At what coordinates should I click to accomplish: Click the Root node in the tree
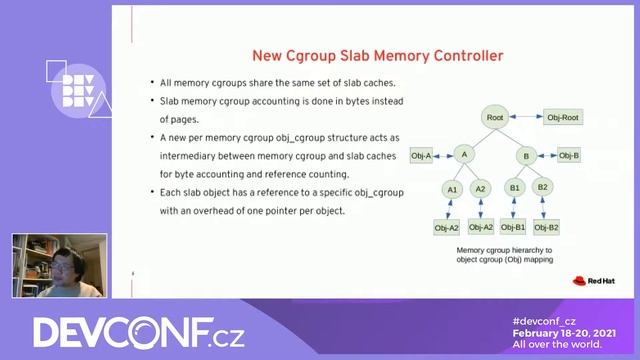point(495,118)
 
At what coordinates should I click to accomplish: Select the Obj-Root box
point(563,118)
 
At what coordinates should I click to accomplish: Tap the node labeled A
point(463,155)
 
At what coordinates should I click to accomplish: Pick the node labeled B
point(525,155)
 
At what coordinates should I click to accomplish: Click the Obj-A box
point(421,155)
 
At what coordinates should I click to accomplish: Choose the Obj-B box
point(568,155)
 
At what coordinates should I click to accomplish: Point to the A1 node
point(452,188)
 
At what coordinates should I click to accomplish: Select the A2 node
point(480,188)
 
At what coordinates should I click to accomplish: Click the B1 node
point(515,187)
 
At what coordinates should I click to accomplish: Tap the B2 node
point(543,187)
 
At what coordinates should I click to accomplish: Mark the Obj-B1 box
point(514,228)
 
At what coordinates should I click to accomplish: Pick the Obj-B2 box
point(546,228)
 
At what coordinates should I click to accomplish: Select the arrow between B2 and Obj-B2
point(544,208)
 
